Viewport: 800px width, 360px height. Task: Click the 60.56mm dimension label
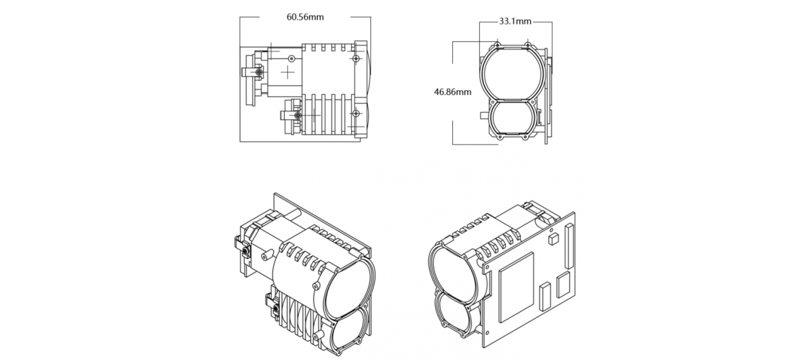pos(305,17)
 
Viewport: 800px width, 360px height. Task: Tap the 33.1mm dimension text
pos(515,21)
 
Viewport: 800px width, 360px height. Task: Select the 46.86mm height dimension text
pos(452,92)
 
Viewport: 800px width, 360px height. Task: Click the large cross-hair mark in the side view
pos(288,73)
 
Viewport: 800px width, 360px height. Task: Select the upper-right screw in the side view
pos(355,59)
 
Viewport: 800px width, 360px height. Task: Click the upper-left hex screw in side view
pos(258,73)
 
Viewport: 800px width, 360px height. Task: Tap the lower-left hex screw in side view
pos(298,115)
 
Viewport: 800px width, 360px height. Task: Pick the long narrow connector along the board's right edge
pos(568,247)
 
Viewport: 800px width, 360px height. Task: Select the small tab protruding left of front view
pos(482,116)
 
